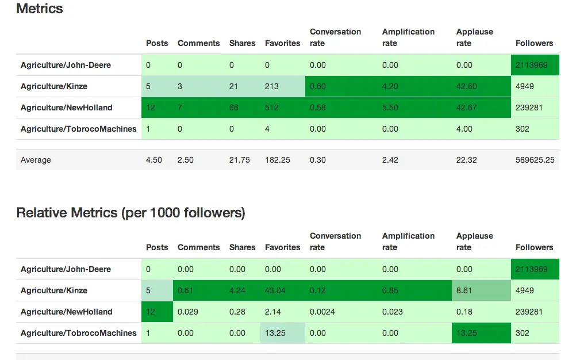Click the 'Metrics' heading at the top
click(40, 9)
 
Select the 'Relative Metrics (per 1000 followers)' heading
click(130, 213)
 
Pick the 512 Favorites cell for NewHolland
click(272, 108)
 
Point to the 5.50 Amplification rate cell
click(390, 108)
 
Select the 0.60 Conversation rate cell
click(317, 86)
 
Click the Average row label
click(36, 160)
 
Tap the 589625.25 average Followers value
click(535, 160)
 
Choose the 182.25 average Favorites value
click(278, 160)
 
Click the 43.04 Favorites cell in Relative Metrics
click(275, 290)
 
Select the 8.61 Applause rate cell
click(464, 290)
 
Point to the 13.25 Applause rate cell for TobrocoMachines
click(467, 333)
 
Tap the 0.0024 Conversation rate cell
click(322, 312)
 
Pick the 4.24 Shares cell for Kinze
click(237, 290)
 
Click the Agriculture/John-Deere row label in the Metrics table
click(66, 65)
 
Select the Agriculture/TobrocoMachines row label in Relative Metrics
click(78, 333)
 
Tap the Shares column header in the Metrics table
click(242, 43)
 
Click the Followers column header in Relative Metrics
click(534, 247)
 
